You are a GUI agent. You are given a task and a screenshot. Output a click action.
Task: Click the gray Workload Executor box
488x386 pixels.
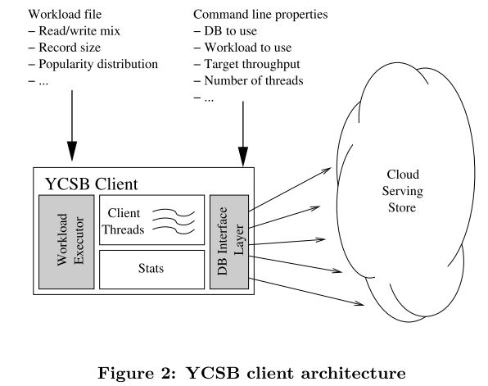click(x=66, y=242)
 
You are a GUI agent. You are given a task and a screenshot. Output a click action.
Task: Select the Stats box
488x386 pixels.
click(x=151, y=270)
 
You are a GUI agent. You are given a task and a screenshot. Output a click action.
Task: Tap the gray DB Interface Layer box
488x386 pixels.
click(x=229, y=242)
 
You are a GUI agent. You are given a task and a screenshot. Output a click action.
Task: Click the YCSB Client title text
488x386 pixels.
click(x=92, y=184)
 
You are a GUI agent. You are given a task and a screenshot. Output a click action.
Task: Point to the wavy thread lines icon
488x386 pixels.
click(x=174, y=221)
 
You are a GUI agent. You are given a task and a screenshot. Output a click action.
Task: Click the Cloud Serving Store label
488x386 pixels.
click(x=402, y=191)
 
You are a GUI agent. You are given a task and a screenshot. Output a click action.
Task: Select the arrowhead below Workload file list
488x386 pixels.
click(x=72, y=151)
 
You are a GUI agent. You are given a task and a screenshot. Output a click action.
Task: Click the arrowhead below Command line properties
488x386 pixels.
click(x=242, y=157)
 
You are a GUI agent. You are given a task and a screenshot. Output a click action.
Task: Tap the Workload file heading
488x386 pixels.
click(x=65, y=14)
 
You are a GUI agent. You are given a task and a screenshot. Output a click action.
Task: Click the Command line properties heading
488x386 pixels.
click(x=260, y=14)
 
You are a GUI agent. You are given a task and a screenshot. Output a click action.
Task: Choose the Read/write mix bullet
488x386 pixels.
click(x=74, y=31)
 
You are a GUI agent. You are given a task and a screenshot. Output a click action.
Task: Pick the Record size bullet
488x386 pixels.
click(x=65, y=48)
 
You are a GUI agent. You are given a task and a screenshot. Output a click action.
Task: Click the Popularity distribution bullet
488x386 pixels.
click(x=93, y=64)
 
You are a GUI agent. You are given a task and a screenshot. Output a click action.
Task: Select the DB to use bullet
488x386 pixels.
click(x=225, y=31)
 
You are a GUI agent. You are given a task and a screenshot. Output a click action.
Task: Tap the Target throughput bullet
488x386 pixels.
click(x=246, y=64)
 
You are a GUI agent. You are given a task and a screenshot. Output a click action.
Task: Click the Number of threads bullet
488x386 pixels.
click(x=248, y=80)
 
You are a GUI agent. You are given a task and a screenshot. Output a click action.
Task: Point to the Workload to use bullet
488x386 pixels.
click(x=242, y=48)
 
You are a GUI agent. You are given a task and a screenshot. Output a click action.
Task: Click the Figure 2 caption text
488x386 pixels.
click(x=252, y=373)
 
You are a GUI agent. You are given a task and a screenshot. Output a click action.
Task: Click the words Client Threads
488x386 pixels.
click(x=124, y=221)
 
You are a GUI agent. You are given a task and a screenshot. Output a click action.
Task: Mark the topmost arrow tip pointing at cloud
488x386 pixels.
click(x=331, y=168)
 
